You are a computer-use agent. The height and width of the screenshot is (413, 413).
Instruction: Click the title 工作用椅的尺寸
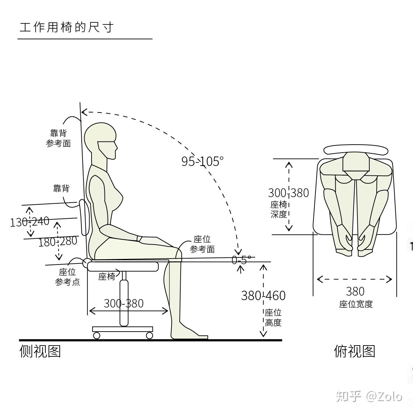coord(66,27)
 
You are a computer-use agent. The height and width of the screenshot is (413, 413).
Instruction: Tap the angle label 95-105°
coord(202,161)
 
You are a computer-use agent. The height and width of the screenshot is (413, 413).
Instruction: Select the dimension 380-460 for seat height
coord(263,296)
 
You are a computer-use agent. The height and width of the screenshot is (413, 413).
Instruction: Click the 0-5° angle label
coord(241,260)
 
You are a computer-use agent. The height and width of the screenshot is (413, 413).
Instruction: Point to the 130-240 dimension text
coord(30,222)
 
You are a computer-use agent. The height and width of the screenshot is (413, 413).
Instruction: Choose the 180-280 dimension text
coord(58,241)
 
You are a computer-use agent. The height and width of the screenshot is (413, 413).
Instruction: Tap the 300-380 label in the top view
coord(288,193)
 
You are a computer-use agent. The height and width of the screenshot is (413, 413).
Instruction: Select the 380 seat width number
coord(355,291)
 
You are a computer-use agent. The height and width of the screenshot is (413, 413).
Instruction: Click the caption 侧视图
coord(40,351)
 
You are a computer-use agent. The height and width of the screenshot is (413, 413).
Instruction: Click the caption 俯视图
coord(354,351)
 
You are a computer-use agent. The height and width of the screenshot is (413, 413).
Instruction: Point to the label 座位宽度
coord(356,304)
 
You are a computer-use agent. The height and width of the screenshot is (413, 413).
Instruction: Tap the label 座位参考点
coord(67,277)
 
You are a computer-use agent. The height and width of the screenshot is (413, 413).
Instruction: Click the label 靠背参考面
coord(58,138)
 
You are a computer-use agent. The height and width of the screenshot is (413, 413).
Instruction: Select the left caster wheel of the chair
coord(97,335)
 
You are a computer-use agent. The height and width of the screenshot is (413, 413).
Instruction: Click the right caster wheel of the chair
coord(150,335)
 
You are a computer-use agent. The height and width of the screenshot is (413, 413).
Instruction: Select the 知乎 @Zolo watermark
coord(369,396)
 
